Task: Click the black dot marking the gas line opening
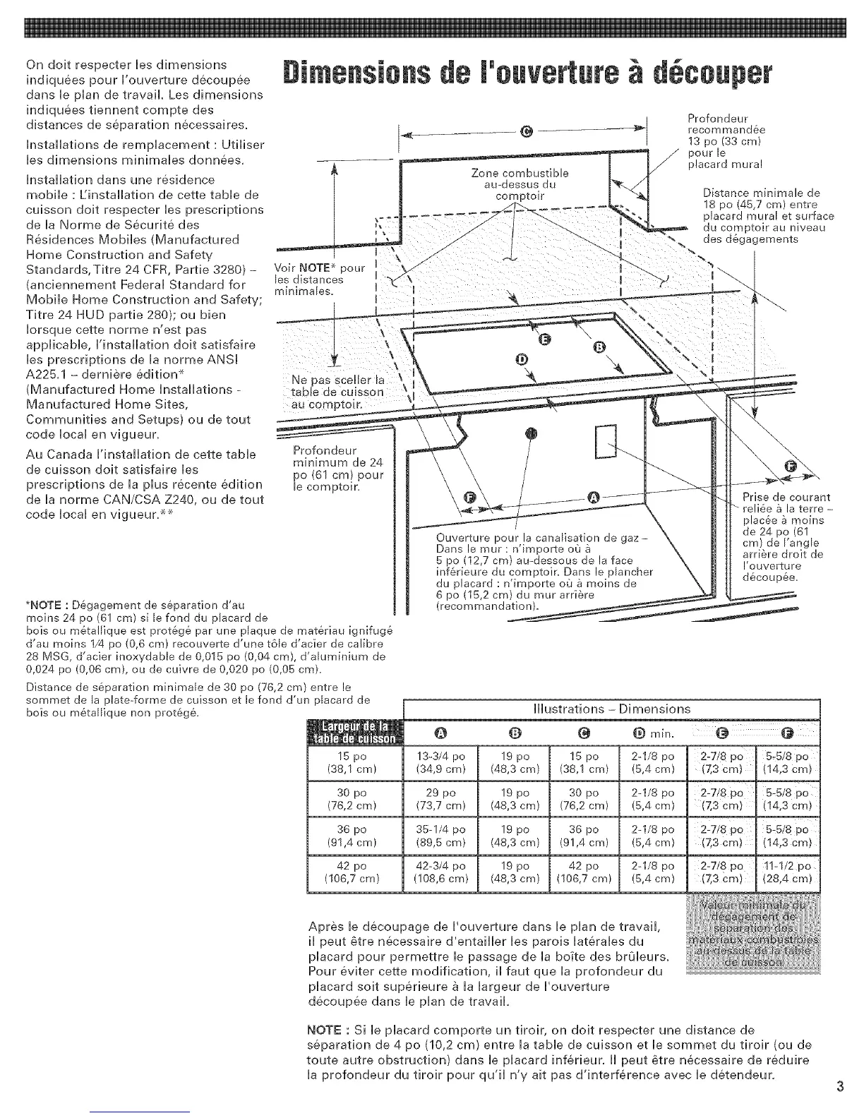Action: [531, 433]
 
